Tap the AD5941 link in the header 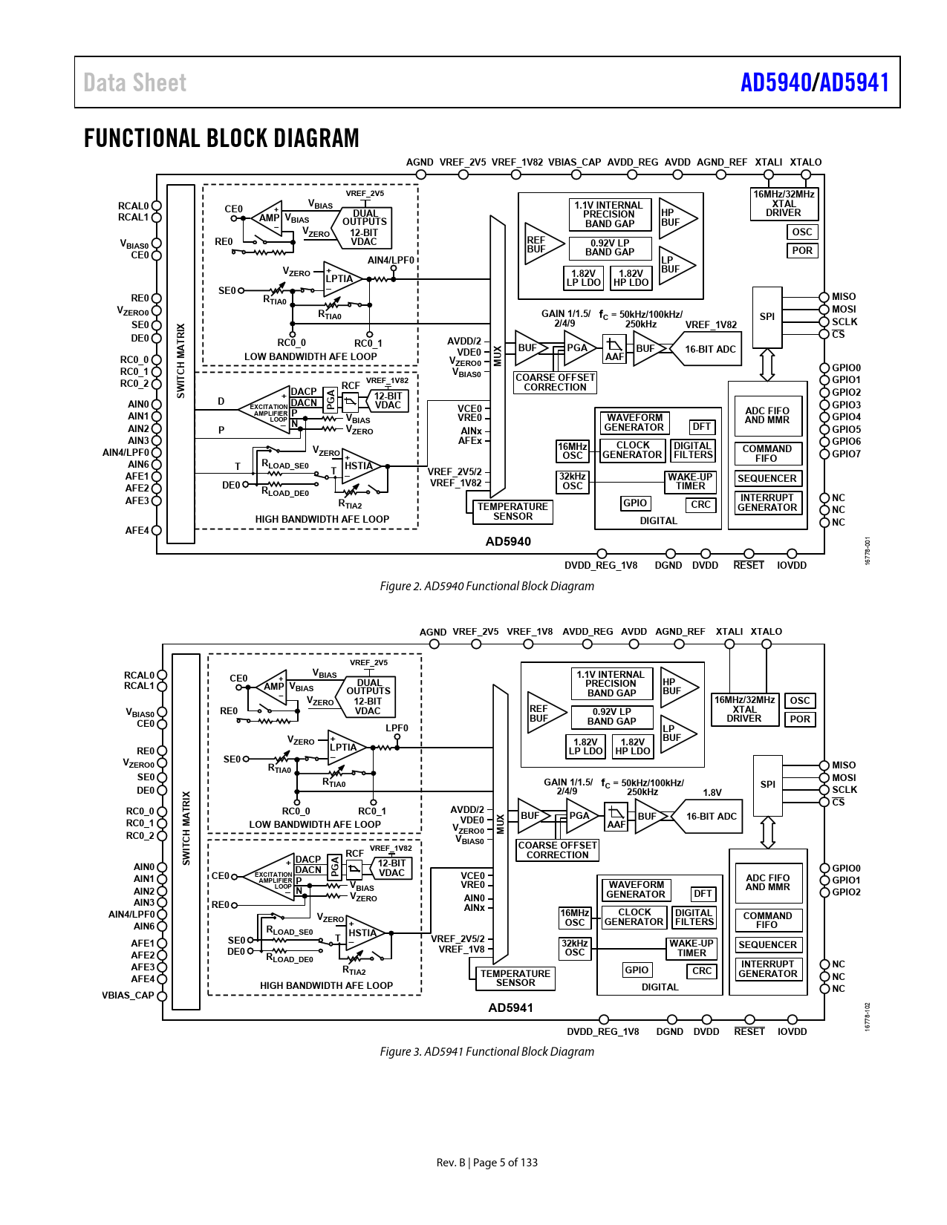click(854, 82)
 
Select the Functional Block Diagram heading click(221, 138)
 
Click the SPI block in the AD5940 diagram click(767, 317)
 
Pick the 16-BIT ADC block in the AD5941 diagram click(711, 817)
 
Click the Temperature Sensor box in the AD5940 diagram click(512, 512)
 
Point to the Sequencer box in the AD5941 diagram click(767, 945)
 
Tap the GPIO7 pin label click(846, 454)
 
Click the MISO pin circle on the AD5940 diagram click(824, 297)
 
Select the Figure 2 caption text click(486, 587)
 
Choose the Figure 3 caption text click(486, 1051)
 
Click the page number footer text click(486, 1163)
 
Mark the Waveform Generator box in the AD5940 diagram click(634, 422)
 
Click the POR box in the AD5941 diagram click(800, 719)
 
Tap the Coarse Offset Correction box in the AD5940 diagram click(555, 382)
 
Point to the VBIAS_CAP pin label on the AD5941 click(128, 996)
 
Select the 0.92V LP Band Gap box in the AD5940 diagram click(610, 247)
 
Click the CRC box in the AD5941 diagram click(702, 971)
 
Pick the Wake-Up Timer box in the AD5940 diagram click(690, 482)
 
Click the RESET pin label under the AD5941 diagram click(749, 1032)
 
